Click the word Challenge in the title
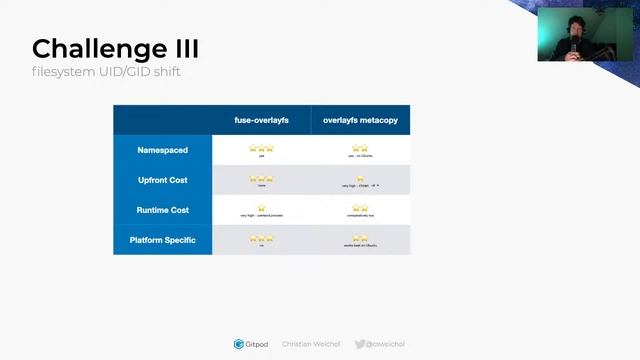[x=90, y=49]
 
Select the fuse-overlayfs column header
[x=261, y=120]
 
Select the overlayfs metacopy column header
[x=360, y=120]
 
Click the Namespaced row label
[x=162, y=150]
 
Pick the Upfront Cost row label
[x=162, y=180]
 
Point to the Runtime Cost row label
[x=162, y=210]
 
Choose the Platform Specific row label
[x=162, y=240]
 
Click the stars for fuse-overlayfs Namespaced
[x=261, y=148]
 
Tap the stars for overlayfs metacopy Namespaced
[x=359, y=148]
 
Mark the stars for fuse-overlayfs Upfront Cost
[x=261, y=178]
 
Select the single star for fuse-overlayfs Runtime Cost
[x=261, y=208]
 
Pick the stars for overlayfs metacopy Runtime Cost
[x=359, y=208]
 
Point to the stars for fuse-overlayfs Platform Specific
[x=261, y=238]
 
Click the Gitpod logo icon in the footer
[x=238, y=344]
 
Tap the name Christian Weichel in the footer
[x=311, y=344]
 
